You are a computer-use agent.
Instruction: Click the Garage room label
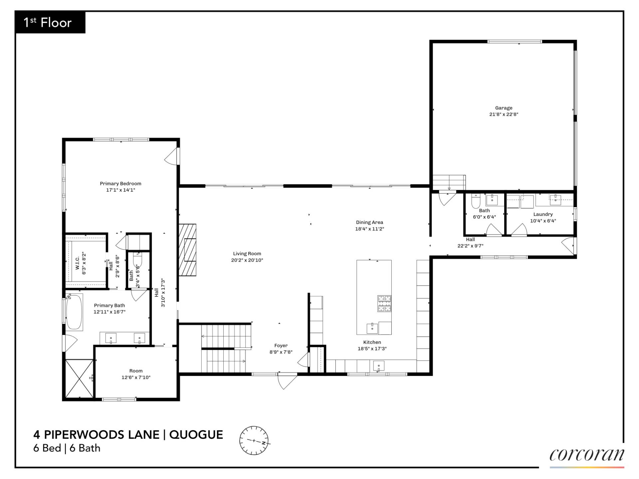[504, 108]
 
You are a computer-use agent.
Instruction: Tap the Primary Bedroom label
[120, 184]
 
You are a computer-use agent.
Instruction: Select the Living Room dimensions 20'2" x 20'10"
[247, 260]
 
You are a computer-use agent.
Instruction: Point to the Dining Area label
[369, 222]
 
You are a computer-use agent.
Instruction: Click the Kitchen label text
[372, 342]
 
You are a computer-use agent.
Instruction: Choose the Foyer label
[281, 346]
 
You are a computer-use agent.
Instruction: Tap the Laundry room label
[543, 214]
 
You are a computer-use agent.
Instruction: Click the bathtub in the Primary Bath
[74, 312]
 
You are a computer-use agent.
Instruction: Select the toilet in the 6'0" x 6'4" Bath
[476, 201]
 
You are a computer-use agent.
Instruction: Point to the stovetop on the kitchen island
[384, 303]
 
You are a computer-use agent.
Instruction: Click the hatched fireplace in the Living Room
[188, 250]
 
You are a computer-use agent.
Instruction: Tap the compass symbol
[254, 440]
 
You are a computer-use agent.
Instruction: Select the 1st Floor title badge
[50, 23]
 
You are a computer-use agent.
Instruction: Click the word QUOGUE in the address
[196, 435]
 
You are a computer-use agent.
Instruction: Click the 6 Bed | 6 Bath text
[67, 448]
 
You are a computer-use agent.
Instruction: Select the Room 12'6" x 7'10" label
[136, 374]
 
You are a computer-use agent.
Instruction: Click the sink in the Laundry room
[555, 200]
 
